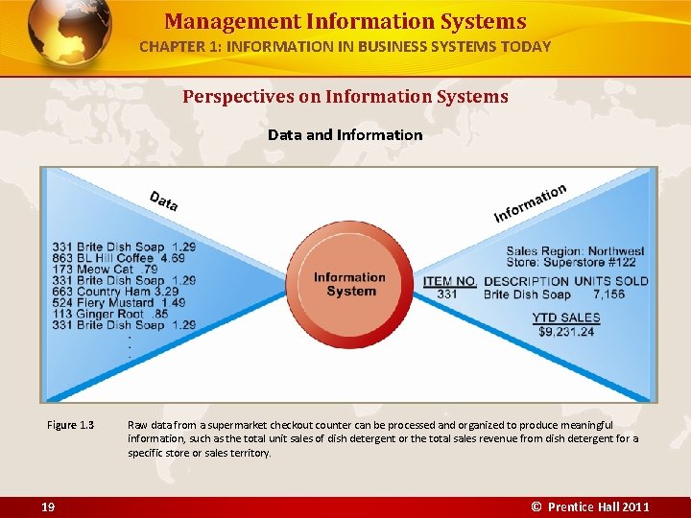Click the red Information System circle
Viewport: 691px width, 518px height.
tap(349, 284)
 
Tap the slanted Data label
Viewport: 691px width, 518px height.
tap(163, 200)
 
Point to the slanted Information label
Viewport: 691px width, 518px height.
tap(530, 202)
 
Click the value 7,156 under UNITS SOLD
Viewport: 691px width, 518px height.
tap(608, 294)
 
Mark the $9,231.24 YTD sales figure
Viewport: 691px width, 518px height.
tap(566, 331)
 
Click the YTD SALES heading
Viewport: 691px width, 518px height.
tap(566, 318)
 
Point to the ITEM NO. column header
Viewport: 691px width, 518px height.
tap(449, 281)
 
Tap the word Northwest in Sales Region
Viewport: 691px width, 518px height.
tap(616, 251)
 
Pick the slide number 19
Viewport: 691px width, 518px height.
tap(48, 506)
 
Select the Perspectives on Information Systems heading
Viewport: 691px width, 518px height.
tap(345, 97)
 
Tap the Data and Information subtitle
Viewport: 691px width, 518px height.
tap(345, 134)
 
